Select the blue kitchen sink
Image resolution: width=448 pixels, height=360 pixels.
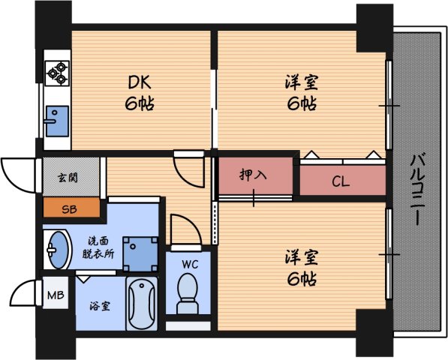tap(56, 121)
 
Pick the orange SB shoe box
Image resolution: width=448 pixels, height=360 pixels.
tap(70, 208)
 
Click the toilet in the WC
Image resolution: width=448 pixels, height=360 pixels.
tap(186, 293)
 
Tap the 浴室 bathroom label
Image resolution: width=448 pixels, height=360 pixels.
tap(100, 307)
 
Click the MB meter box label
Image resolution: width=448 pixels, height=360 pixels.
tap(56, 295)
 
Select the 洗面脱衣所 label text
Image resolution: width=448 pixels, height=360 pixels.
tap(98, 247)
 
